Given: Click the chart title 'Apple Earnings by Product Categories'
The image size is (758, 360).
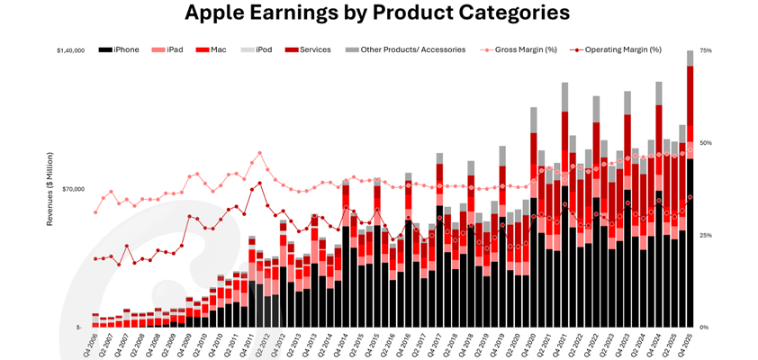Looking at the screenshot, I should point(377,14).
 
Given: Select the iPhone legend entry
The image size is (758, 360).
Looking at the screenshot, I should point(120,49).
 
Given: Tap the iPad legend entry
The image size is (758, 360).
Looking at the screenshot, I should point(168,49).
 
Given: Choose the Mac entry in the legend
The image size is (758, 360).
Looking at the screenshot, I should point(212,49).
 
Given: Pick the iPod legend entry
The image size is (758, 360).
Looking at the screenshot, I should point(257,49).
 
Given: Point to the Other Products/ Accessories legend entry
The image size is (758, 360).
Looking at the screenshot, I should point(405,49).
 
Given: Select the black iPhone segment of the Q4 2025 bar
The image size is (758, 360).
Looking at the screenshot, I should point(690,243).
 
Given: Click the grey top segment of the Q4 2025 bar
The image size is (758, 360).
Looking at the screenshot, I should point(690,58).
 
